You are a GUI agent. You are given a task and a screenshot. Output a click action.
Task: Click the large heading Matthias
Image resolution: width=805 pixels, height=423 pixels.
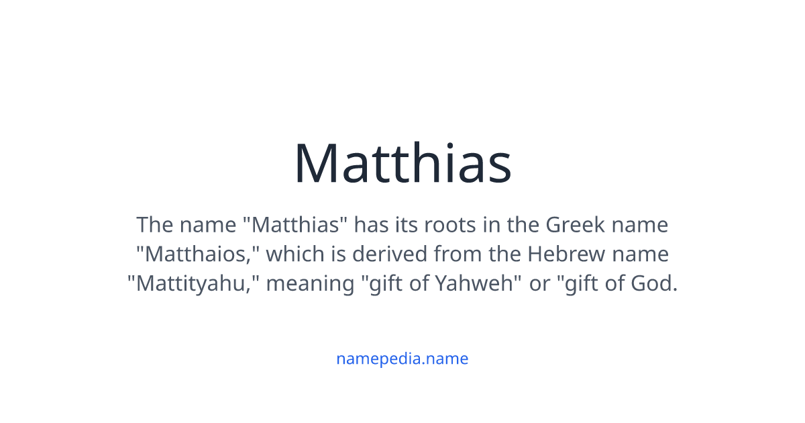coord(402,163)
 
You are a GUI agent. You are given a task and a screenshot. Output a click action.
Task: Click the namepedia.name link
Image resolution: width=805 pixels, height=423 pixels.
coord(402,359)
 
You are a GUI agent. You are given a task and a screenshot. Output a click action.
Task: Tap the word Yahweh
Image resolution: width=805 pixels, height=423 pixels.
coord(479,283)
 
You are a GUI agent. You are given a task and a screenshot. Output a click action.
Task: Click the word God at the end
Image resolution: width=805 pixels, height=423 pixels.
coord(654,283)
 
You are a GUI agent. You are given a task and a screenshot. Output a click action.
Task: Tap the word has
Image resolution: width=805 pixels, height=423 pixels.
coord(371,224)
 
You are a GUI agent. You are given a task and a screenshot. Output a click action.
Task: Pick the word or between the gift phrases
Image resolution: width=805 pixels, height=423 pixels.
coord(539,283)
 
